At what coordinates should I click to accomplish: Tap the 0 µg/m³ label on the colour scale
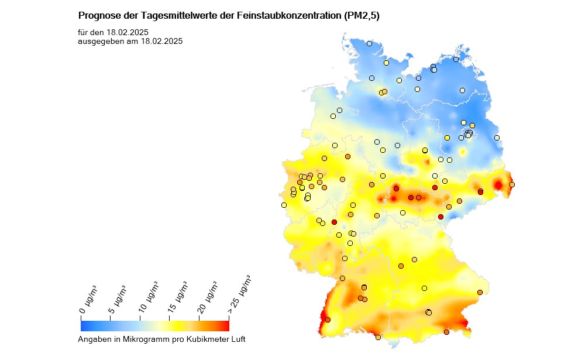point(88,300)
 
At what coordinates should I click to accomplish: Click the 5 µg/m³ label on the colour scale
point(118,299)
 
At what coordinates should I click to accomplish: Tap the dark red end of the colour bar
point(224,325)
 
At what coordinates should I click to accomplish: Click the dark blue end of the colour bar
point(85,325)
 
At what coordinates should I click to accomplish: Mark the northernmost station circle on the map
point(369,43)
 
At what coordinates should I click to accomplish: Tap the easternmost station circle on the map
point(512,185)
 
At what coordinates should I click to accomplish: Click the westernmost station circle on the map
point(284,205)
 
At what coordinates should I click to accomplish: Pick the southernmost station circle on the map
point(378,337)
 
